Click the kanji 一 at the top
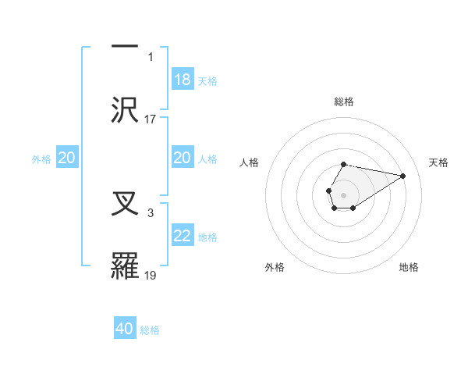click(125, 46)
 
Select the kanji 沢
click(126, 108)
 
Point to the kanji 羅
click(126, 265)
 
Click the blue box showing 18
click(183, 80)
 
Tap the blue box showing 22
click(183, 236)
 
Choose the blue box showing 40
click(125, 329)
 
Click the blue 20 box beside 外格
click(67, 158)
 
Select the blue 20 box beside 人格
click(183, 158)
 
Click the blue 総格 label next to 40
click(150, 330)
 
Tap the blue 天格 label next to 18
click(207, 80)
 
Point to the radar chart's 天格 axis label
click(438, 162)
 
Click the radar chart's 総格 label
click(344, 102)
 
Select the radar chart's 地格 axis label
click(409, 267)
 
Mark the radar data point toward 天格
click(403, 176)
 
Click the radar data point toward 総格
click(344, 164)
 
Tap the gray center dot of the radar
click(343, 194)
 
